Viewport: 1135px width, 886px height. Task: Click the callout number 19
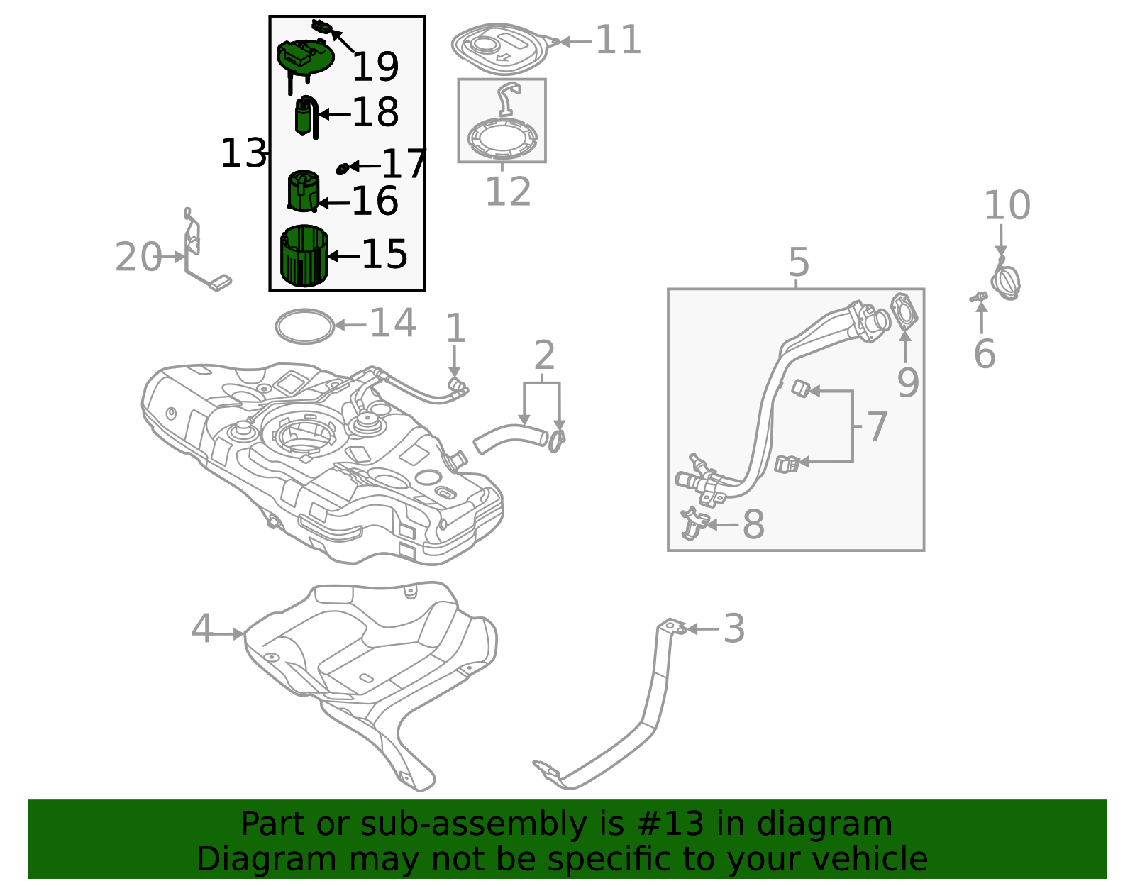point(375,67)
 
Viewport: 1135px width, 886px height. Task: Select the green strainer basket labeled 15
point(304,256)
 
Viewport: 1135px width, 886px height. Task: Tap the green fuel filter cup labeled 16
point(303,191)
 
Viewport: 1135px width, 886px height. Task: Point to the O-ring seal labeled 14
point(304,326)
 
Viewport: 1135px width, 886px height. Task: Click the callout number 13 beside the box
point(243,154)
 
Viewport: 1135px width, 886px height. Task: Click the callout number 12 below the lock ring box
point(508,192)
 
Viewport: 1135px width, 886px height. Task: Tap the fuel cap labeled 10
point(1006,282)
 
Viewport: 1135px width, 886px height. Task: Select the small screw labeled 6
point(979,297)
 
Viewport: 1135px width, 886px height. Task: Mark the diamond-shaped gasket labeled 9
point(904,312)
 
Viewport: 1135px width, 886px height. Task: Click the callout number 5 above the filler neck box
point(799,263)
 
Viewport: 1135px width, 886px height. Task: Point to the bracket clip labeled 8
point(693,524)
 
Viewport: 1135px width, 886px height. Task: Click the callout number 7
point(877,427)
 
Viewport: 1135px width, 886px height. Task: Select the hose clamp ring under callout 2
point(557,441)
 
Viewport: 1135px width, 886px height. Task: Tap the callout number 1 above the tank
point(455,330)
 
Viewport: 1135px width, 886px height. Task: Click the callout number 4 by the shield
point(202,629)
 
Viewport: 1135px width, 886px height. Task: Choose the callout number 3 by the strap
point(734,628)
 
